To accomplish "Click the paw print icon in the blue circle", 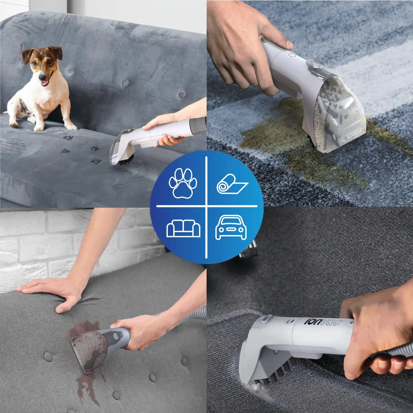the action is pos(183,183).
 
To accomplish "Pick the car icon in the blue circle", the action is pos(231,227).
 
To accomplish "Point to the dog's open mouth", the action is pos(45,83).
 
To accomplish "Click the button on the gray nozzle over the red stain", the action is pos(116,336).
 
